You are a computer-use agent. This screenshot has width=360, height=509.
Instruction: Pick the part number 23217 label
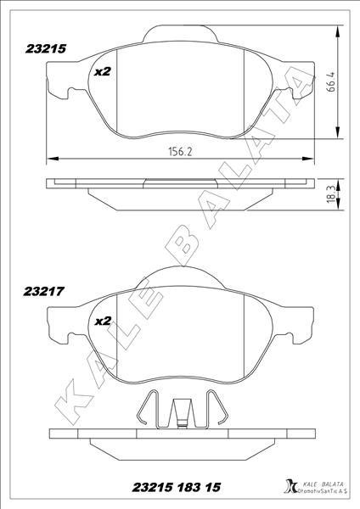tap(43, 291)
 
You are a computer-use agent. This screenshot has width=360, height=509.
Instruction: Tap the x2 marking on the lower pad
tap(103, 321)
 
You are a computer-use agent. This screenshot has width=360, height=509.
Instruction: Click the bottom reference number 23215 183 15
tap(177, 488)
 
